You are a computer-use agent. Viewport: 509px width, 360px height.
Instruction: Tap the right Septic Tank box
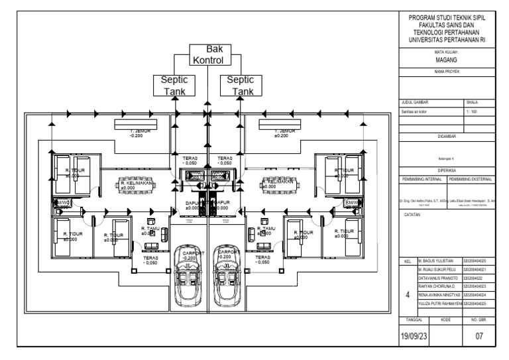point(240,86)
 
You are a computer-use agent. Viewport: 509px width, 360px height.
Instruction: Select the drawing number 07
point(481,336)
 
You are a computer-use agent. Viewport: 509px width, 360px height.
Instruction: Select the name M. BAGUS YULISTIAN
point(438,263)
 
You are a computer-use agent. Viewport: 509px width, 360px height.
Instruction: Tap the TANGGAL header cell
point(414,319)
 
